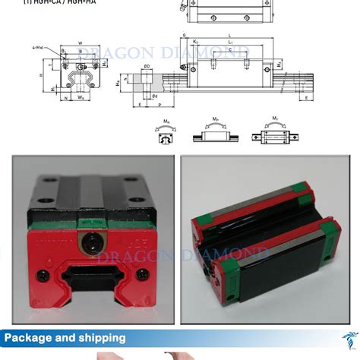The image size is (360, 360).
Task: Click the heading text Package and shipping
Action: pos(65,337)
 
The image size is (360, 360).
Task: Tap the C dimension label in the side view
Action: pos(230,52)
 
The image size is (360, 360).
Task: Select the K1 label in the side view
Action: pos(196,43)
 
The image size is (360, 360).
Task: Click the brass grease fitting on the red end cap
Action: pos(86,245)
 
